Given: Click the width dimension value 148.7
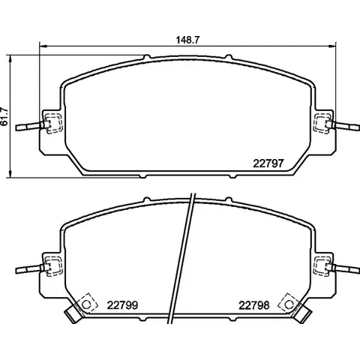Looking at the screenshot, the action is tap(187, 40).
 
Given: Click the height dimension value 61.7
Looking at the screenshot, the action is tap(4, 116).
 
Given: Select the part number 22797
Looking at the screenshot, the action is tap(268, 163).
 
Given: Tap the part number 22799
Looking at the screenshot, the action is tap(122, 305).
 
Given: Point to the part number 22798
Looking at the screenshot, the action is tap(254, 305).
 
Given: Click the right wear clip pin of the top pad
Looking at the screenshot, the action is tap(346, 125).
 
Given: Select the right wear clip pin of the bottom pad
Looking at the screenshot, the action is tap(346, 268).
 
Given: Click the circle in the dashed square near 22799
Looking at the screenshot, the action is tap(86, 304).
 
